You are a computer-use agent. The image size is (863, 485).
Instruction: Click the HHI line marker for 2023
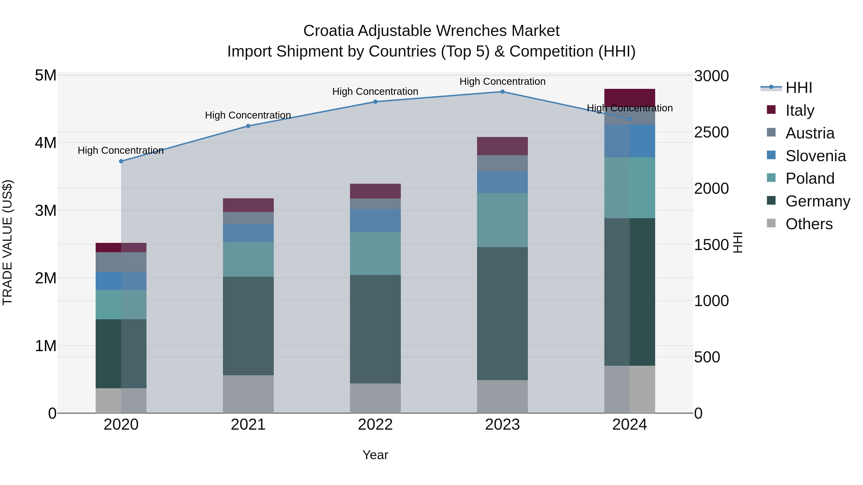[x=502, y=92]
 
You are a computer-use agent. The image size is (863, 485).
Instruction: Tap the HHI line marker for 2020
[x=121, y=161]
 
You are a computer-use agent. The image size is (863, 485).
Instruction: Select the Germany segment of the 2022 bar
[x=375, y=329]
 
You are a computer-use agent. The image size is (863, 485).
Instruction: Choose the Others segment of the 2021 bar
[x=248, y=394]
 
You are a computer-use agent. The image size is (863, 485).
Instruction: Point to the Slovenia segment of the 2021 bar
[x=248, y=233]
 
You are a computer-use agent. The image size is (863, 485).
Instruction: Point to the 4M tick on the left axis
[x=46, y=143]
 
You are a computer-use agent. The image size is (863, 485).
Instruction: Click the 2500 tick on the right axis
[x=711, y=132]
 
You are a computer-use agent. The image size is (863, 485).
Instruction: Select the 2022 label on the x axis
[x=375, y=425]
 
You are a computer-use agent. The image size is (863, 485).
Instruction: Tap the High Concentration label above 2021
[x=248, y=115]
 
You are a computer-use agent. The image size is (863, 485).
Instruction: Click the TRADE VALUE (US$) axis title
[x=7, y=242]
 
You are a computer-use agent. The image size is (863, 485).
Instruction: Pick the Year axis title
[x=375, y=455]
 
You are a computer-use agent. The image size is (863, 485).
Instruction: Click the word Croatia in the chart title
[x=328, y=31]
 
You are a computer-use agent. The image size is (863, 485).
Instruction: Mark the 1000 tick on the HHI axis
[x=711, y=301]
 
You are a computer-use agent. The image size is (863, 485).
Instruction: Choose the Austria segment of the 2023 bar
[x=502, y=163]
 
